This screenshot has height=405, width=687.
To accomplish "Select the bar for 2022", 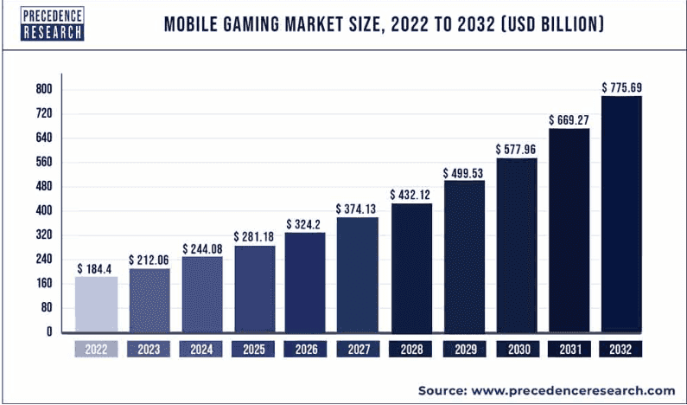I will tap(97, 304).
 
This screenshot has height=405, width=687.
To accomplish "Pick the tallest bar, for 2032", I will tap(621, 214).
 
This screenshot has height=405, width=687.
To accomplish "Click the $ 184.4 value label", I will tap(97, 269).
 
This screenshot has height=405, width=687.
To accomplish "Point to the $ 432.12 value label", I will tap(411, 195).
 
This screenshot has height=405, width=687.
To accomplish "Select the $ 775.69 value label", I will tap(621, 87).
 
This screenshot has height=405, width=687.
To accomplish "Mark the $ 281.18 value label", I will tap(254, 237).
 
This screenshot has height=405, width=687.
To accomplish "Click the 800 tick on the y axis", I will tap(44, 89).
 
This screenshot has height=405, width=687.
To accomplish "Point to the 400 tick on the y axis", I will tap(44, 210).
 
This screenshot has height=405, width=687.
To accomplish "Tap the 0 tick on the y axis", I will tap(49, 331).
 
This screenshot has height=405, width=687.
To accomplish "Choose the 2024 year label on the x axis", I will tap(201, 350).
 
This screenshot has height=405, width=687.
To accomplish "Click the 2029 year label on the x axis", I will tap(464, 350).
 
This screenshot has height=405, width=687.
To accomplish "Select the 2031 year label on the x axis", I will tap(569, 350).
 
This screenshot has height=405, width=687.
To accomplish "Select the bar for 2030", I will tap(517, 245).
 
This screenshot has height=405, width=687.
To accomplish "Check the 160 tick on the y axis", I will tap(44, 283).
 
